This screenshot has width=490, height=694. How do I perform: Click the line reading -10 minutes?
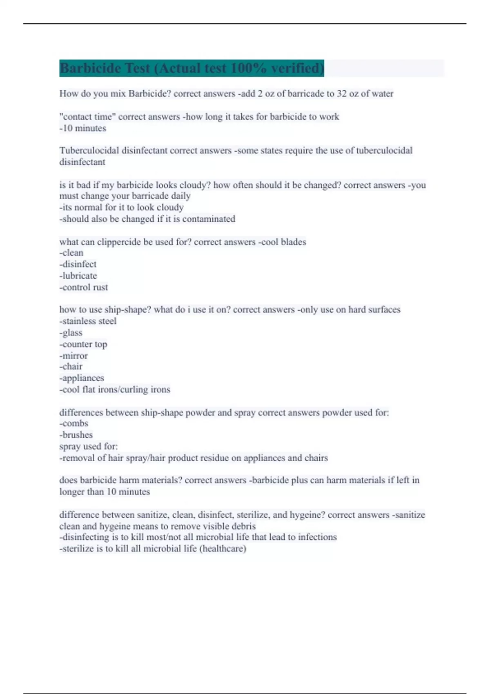[83, 128]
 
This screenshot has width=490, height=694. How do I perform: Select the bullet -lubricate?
[78, 276]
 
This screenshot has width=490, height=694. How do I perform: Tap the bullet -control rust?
[84, 287]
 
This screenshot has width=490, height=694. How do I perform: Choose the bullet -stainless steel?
[88, 321]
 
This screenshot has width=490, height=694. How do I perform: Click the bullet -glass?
[71, 333]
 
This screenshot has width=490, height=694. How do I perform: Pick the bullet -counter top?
[83, 344]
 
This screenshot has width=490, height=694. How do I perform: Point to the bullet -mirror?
[74, 356]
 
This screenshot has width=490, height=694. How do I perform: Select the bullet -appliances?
[82, 378]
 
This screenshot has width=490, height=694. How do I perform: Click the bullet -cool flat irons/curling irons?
[115, 389]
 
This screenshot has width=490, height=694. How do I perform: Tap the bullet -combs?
[74, 423]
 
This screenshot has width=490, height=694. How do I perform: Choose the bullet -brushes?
[76, 435]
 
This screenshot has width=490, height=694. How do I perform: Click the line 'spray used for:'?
[89, 446]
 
